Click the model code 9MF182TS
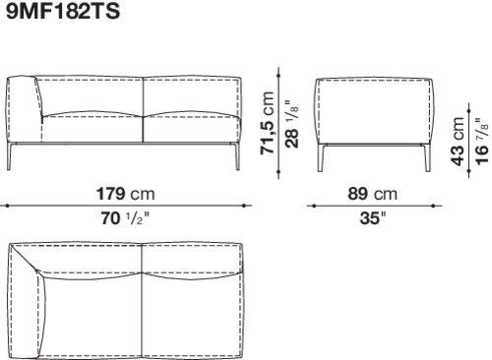pyautogui.click(x=63, y=11)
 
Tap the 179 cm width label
pyautogui.click(x=125, y=194)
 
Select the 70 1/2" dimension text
pyautogui.click(x=125, y=218)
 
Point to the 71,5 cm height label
pyautogui.click(x=267, y=123)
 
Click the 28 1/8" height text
pyautogui.click(x=291, y=124)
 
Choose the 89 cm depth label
pyautogui.click(x=372, y=194)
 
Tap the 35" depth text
pyautogui.click(x=373, y=218)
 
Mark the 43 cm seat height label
pyautogui.click(x=458, y=141)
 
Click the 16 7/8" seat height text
pyautogui.click(x=481, y=142)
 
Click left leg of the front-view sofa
pyautogui.click(x=9, y=156)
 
